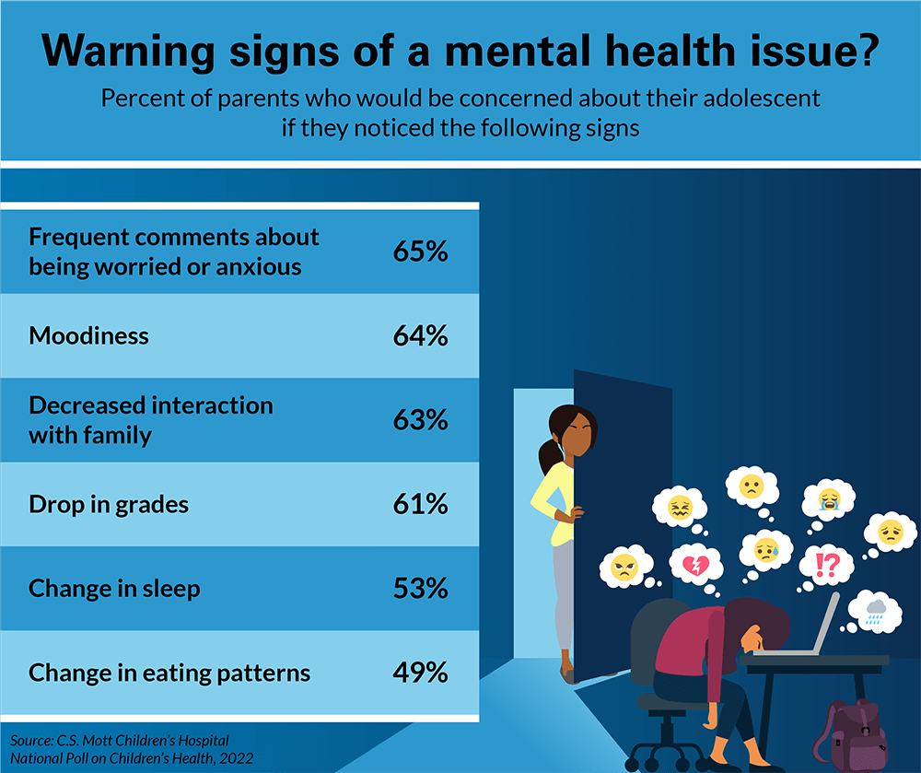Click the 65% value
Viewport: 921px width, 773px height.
(x=420, y=252)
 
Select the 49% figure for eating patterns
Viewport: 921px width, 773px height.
(x=420, y=673)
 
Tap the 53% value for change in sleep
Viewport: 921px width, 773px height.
(x=420, y=588)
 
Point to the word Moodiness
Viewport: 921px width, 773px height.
(x=88, y=335)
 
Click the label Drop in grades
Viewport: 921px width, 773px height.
(x=109, y=504)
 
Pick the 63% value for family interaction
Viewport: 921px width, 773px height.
(x=420, y=420)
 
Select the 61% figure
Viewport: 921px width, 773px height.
(x=420, y=504)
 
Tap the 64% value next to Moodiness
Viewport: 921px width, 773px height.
(x=420, y=335)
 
